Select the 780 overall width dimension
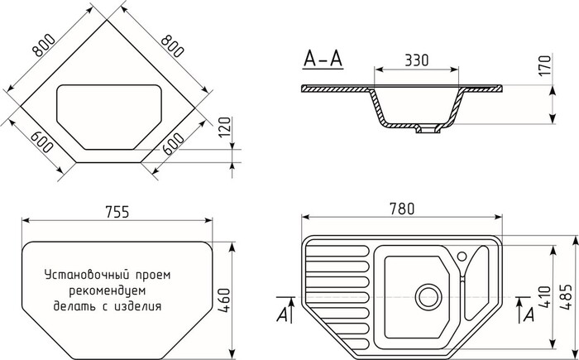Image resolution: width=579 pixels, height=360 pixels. (x=402, y=209)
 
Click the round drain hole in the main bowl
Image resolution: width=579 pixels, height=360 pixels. (x=427, y=294)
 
